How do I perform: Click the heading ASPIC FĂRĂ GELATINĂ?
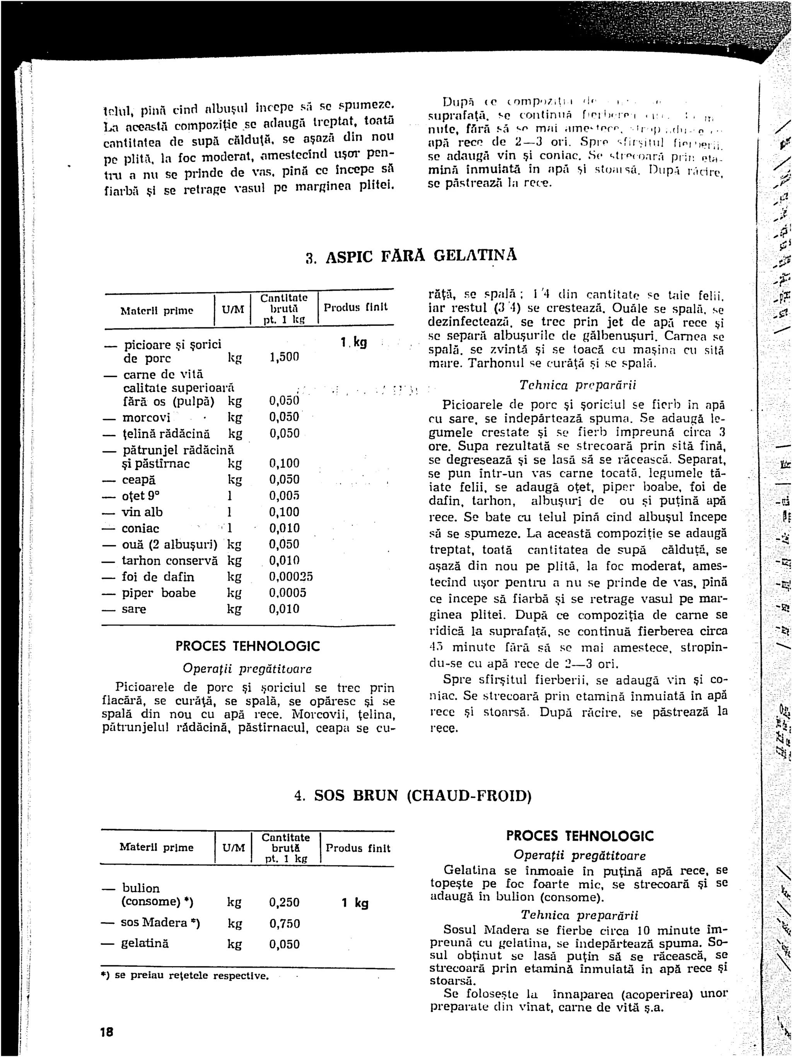pyautogui.click(x=411, y=257)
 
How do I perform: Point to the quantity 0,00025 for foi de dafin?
pyautogui.click(x=291, y=577)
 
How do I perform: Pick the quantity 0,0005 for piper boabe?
pyautogui.click(x=287, y=593)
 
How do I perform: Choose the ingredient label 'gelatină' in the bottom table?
pyautogui.click(x=145, y=944)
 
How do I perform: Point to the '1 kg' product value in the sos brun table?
pyautogui.click(x=355, y=903)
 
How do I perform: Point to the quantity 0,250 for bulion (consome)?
pyautogui.click(x=285, y=903)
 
